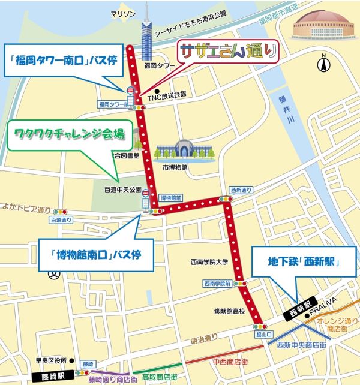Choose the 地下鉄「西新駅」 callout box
(x=304, y=261)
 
